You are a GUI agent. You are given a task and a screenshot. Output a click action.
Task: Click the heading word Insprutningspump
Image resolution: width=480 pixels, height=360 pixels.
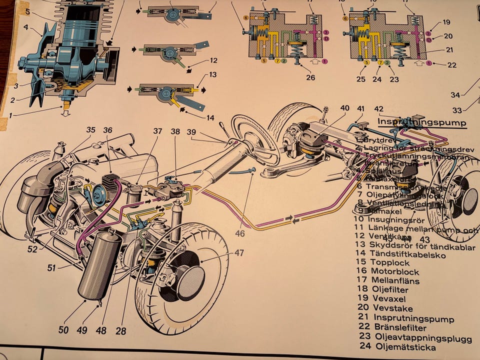[421, 122]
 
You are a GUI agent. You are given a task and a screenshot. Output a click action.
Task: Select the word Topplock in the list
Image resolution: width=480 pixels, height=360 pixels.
[389, 262]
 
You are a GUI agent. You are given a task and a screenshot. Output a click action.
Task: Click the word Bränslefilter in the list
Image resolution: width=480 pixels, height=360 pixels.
[400, 328]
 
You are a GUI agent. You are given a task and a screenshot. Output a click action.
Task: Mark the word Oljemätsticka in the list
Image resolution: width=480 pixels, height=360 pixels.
[404, 347]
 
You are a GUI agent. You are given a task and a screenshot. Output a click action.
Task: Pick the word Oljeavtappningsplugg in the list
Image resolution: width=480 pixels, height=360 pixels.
[422, 337]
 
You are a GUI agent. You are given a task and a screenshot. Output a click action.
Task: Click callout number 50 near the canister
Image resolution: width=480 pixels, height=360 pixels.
[63, 329]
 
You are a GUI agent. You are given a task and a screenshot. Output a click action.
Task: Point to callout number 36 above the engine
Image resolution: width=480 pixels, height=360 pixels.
[108, 130]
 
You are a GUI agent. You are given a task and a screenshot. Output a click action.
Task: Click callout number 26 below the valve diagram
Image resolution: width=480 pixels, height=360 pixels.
[311, 77]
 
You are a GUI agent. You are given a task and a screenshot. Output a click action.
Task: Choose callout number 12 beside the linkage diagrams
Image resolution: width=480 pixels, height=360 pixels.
[213, 61]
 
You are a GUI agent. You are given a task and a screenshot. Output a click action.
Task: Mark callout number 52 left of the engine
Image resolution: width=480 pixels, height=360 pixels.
[32, 248]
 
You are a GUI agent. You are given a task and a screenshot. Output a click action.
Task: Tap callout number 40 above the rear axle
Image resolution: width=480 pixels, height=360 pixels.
[345, 108]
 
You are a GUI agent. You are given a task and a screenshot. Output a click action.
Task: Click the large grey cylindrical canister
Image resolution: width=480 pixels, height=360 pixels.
[99, 267]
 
